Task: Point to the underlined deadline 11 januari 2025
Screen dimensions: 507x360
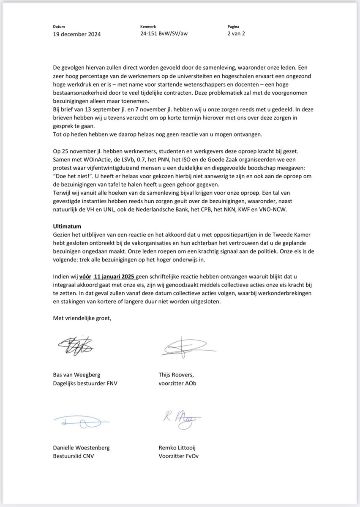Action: tap(115, 276)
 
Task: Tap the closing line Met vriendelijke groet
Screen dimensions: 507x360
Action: tap(82, 318)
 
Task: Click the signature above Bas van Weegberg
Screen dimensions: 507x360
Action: tap(76, 346)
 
